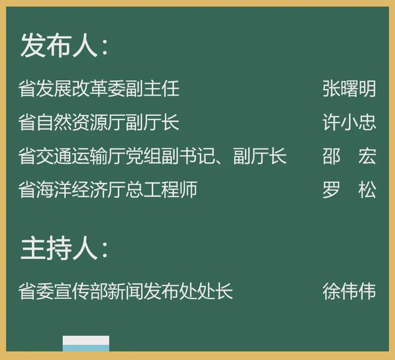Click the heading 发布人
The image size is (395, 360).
[x=59, y=45]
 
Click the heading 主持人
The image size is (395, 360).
[x=59, y=249]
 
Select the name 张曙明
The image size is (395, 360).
[x=349, y=89]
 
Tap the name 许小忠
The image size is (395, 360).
[x=349, y=123]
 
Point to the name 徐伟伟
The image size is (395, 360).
[x=349, y=292]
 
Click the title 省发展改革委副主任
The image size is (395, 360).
[x=99, y=89]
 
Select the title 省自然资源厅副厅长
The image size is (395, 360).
[x=99, y=123]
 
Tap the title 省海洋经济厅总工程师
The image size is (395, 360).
[x=108, y=190]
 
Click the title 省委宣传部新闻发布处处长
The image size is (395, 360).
[x=126, y=292]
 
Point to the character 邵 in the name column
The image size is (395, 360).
[x=331, y=157]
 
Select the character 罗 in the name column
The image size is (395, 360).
[x=331, y=190]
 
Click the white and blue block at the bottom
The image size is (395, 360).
[x=86, y=343]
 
